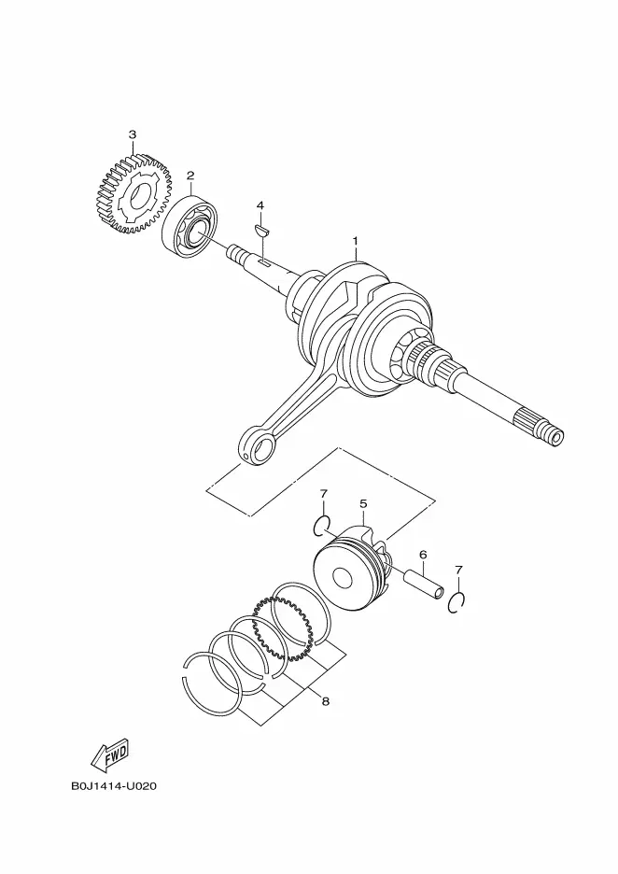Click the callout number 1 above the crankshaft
coord(355,240)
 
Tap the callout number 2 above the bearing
coord(190,176)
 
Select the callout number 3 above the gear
coord(133,134)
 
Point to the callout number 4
coord(260,205)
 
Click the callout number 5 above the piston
coord(363,504)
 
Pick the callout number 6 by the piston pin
coord(423,555)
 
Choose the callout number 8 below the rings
coord(326,701)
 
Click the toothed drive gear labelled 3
coord(133,193)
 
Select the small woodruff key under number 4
coord(260,230)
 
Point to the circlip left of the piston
coord(321,525)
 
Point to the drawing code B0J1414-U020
coord(114,786)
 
